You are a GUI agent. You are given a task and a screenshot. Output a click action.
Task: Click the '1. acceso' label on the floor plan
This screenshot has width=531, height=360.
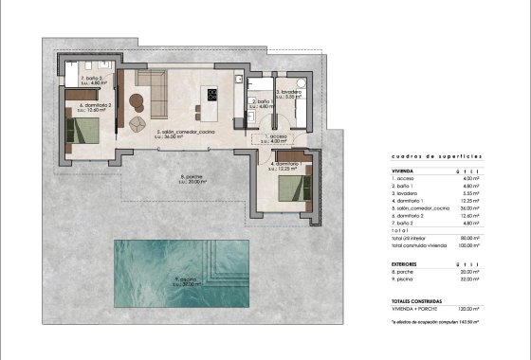277,137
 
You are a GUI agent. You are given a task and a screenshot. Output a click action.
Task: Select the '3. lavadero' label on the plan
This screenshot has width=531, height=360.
289,93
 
